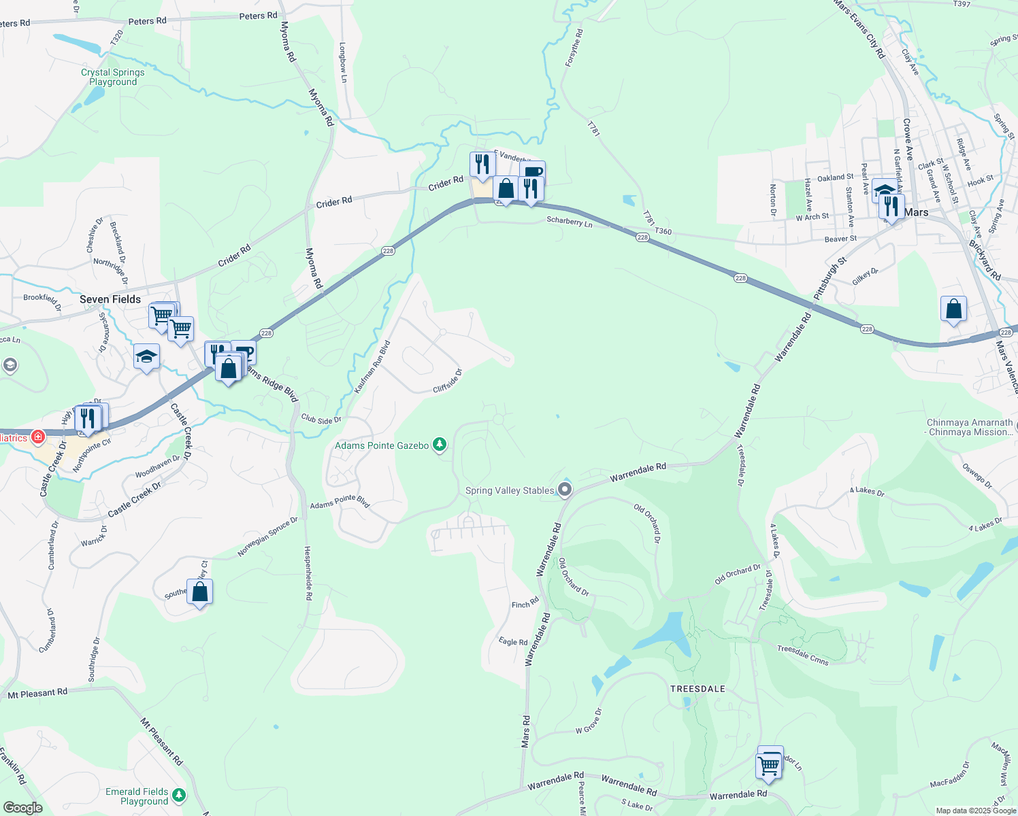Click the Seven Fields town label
point(110,299)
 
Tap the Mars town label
point(917,212)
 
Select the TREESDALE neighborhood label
point(697,689)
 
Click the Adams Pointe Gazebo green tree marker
point(440,445)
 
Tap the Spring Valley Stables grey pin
point(564,489)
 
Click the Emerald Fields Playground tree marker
point(179,794)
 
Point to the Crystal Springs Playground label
point(113,77)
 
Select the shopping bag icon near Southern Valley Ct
point(200,592)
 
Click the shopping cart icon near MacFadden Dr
point(768,765)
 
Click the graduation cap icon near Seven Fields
point(146,356)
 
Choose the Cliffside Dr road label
point(448,381)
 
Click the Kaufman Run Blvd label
point(372,367)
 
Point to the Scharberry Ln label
point(570,222)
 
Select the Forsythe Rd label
point(574,48)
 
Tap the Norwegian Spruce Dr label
point(267,537)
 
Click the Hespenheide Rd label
point(308,573)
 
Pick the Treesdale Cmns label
point(803,656)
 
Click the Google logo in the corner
point(22,808)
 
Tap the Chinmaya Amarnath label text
point(970,422)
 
